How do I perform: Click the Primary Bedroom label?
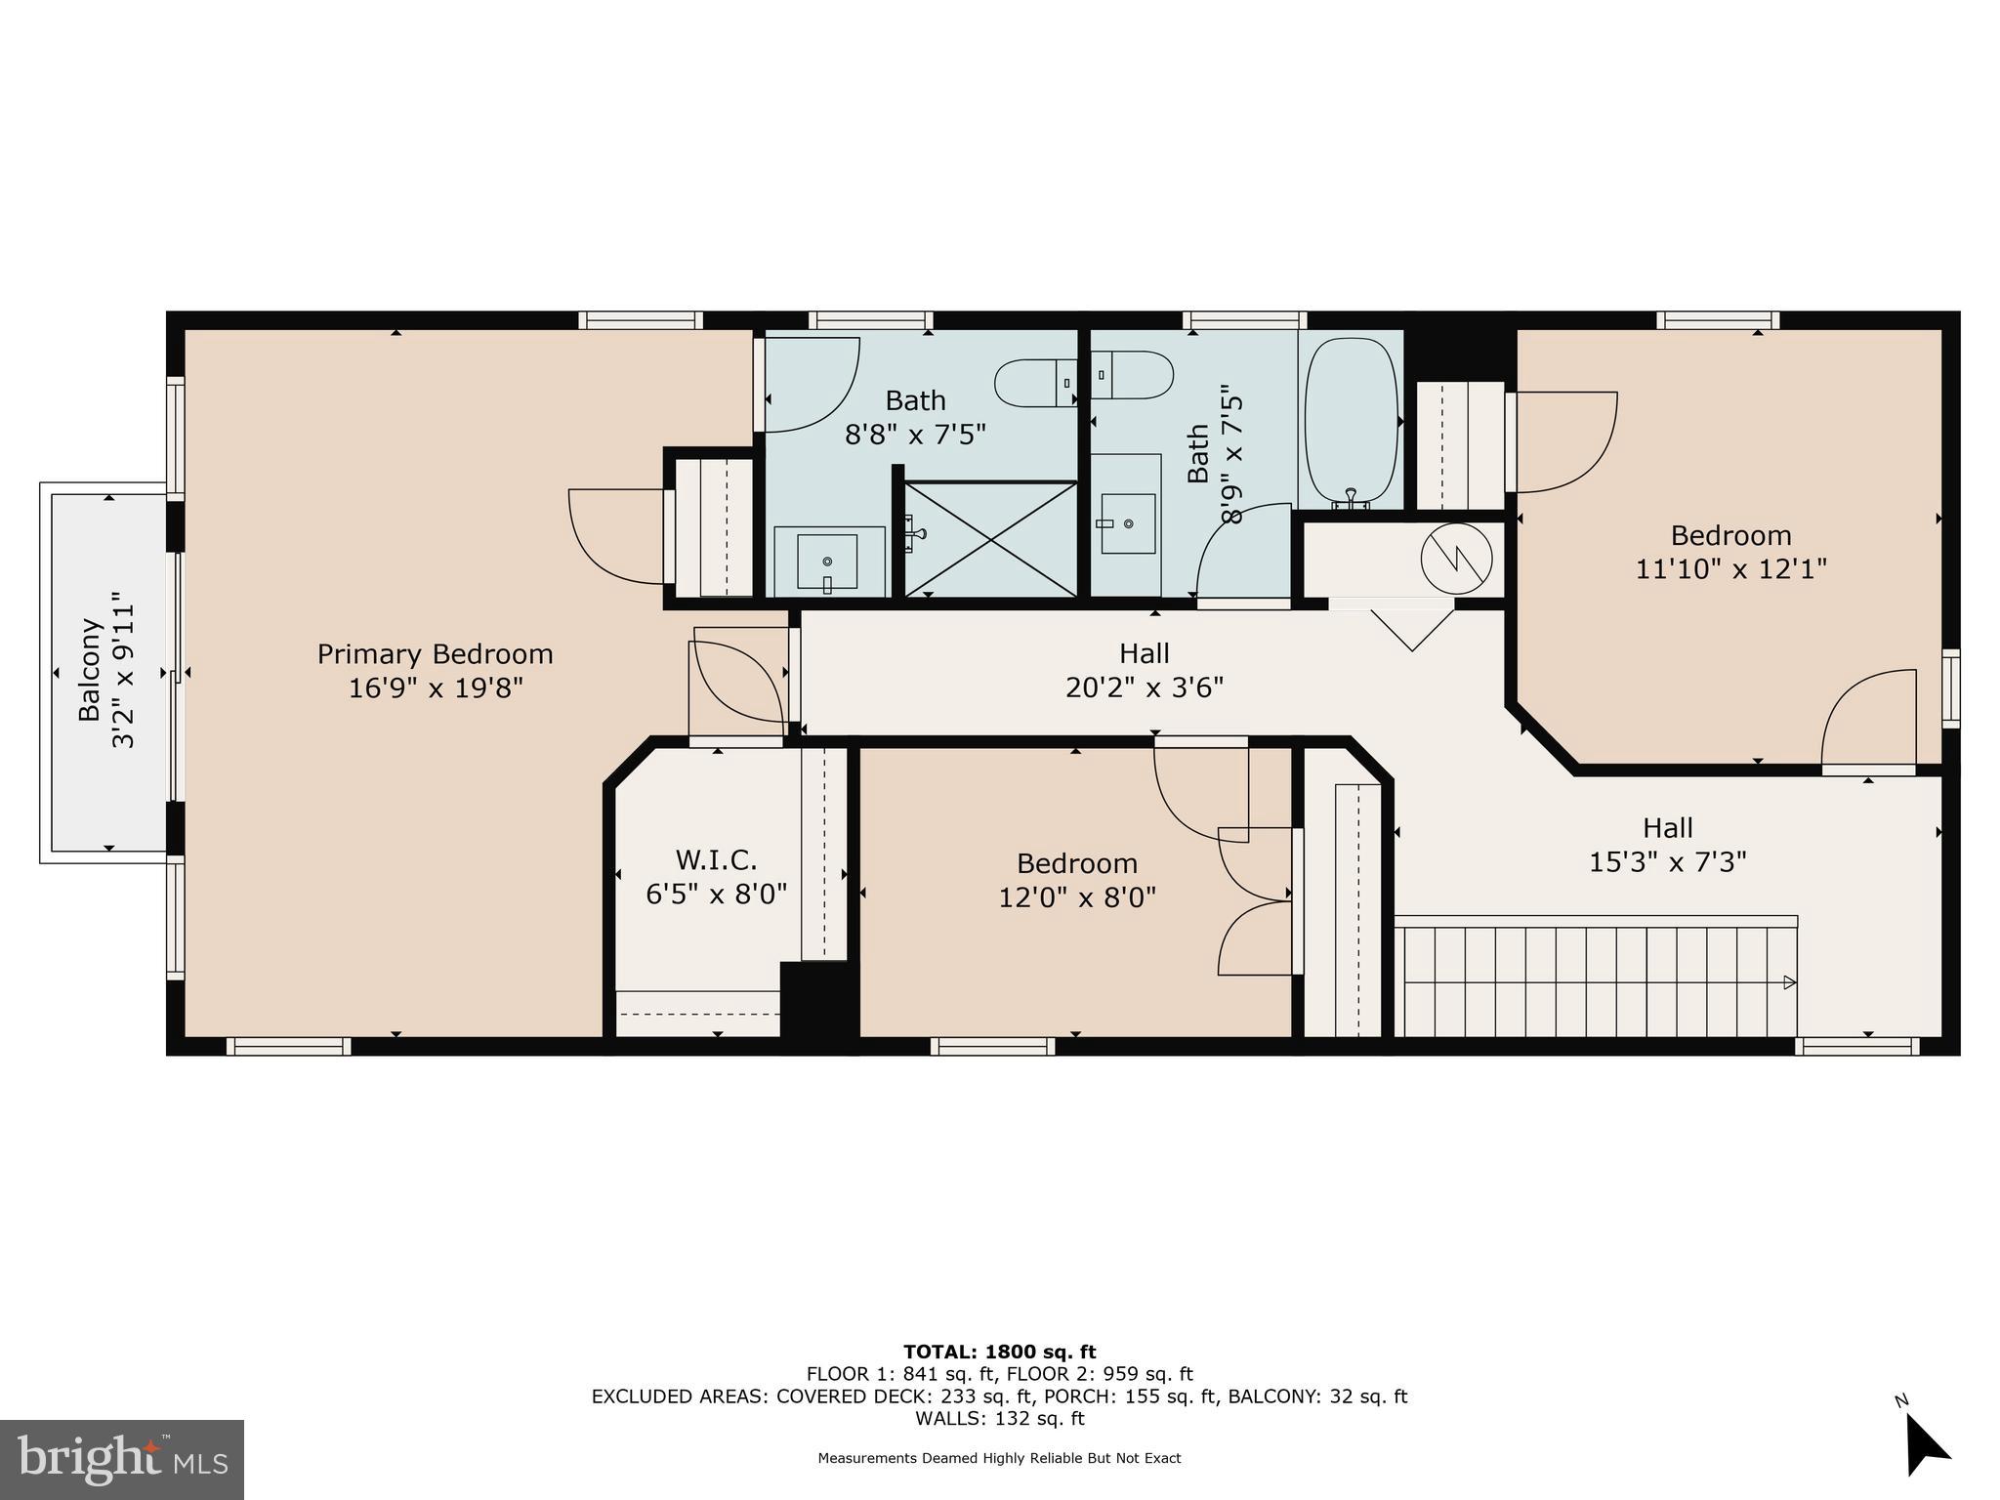(435, 654)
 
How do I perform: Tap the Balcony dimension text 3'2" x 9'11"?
(124, 669)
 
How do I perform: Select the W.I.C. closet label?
(717, 860)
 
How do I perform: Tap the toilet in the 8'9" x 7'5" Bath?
(1132, 375)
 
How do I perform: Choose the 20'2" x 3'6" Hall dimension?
(1145, 687)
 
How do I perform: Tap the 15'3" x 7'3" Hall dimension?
(1668, 862)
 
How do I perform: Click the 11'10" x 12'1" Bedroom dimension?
(1731, 568)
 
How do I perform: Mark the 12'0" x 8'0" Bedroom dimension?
(1077, 896)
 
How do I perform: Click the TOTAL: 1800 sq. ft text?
(1000, 1353)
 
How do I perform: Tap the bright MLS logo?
(122, 1460)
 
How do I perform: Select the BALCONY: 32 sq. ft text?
(1317, 1396)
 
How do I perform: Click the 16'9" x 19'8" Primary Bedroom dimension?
(436, 687)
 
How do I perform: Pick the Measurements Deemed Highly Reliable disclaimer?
(999, 1458)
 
